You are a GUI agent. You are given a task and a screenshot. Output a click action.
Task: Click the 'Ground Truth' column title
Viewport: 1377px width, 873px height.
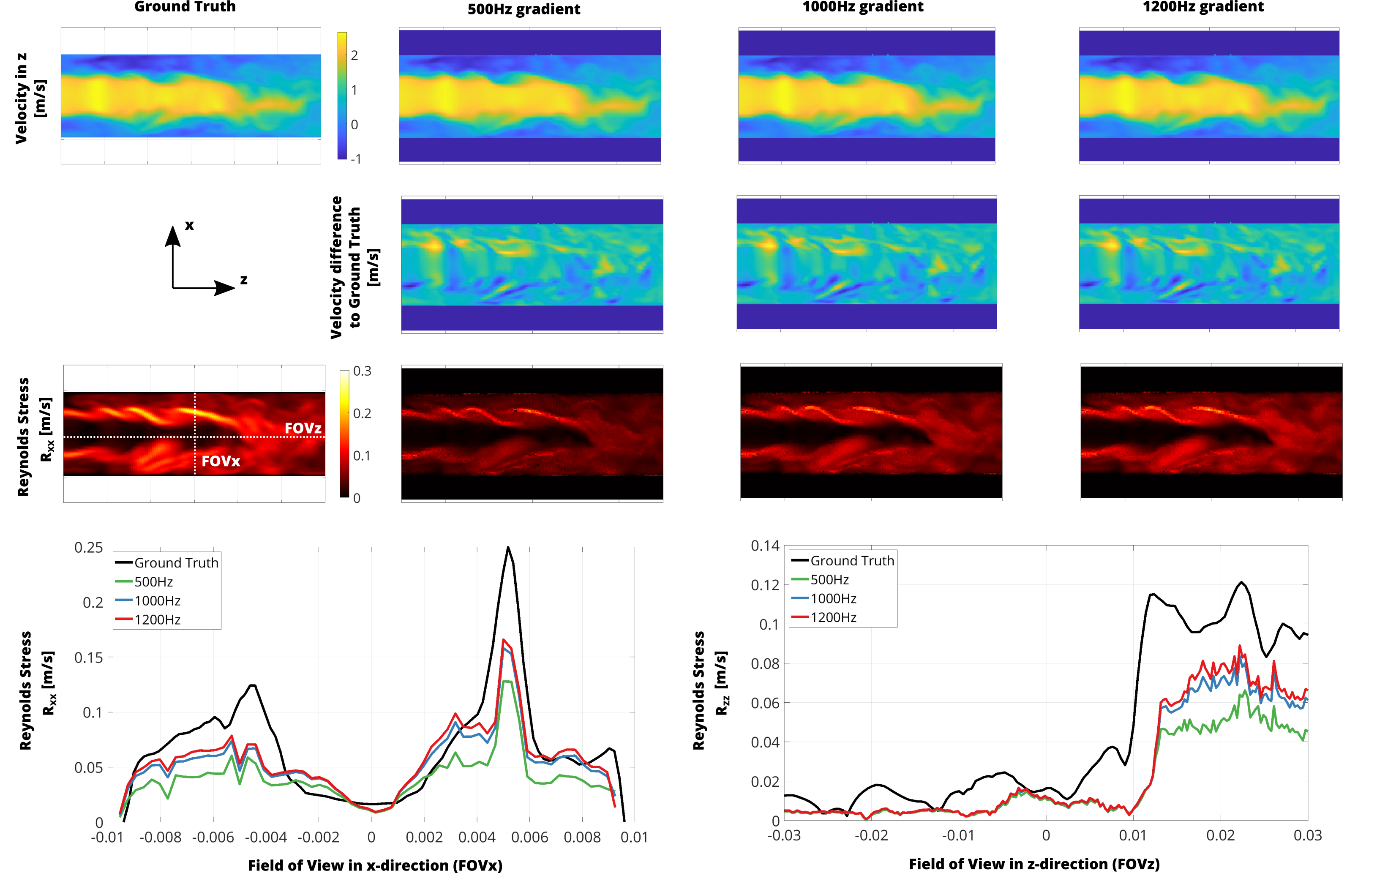[185, 7]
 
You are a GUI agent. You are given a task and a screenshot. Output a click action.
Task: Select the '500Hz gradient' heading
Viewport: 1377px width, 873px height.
[524, 9]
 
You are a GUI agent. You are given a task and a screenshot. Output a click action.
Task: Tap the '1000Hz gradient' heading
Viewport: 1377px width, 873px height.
[863, 7]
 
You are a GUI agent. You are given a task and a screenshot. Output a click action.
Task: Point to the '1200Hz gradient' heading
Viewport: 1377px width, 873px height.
[1203, 7]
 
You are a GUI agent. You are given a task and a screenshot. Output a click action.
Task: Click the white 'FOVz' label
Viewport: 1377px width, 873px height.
[303, 428]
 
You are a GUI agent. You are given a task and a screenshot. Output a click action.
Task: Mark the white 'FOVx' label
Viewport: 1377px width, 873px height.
[221, 461]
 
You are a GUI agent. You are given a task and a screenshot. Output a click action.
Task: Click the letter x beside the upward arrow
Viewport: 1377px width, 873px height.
[189, 225]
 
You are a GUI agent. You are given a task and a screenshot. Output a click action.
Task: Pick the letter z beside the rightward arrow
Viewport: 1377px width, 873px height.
[244, 280]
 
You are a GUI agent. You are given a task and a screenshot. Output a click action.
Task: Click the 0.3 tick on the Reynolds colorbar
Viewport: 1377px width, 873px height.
[362, 371]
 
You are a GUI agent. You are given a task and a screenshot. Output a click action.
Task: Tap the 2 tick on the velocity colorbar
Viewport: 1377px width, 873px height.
[354, 55]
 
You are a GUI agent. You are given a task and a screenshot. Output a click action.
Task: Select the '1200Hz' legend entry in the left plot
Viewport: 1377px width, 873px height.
[157, 620]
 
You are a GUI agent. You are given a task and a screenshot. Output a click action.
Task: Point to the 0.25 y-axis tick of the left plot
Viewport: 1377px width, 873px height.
[89, 548]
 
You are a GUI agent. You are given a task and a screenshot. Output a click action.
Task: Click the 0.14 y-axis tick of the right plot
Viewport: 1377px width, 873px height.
[765, 546]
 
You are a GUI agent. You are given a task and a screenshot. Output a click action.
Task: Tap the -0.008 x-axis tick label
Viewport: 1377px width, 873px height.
[161, 838]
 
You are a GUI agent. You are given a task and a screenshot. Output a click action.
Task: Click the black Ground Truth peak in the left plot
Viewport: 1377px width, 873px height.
[508, 548]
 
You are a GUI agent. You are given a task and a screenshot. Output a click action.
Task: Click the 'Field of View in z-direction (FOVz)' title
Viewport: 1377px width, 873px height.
[1034, 864]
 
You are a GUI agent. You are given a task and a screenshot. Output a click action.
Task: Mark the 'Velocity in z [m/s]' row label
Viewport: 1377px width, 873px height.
[30, 98]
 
